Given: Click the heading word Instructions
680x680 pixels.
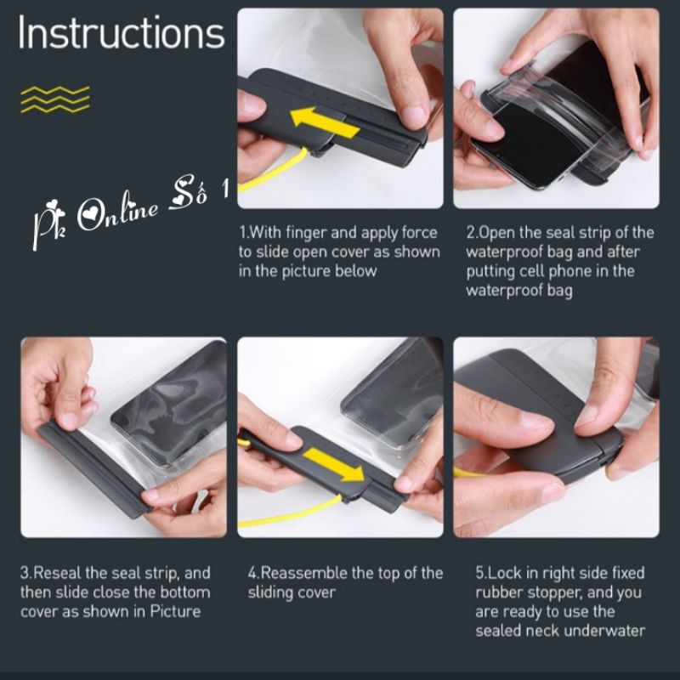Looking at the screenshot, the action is click(x=122, y=33).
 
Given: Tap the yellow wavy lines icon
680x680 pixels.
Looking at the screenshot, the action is click(x=55, y=99).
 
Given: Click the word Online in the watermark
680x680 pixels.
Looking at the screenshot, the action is click(x=117, y=212).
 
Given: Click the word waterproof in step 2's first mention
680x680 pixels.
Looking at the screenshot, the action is click(x=504, y=252).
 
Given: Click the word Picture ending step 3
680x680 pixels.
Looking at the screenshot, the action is click(x=175, y=611).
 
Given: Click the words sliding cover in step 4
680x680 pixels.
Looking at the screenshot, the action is click(x=292, y=592).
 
